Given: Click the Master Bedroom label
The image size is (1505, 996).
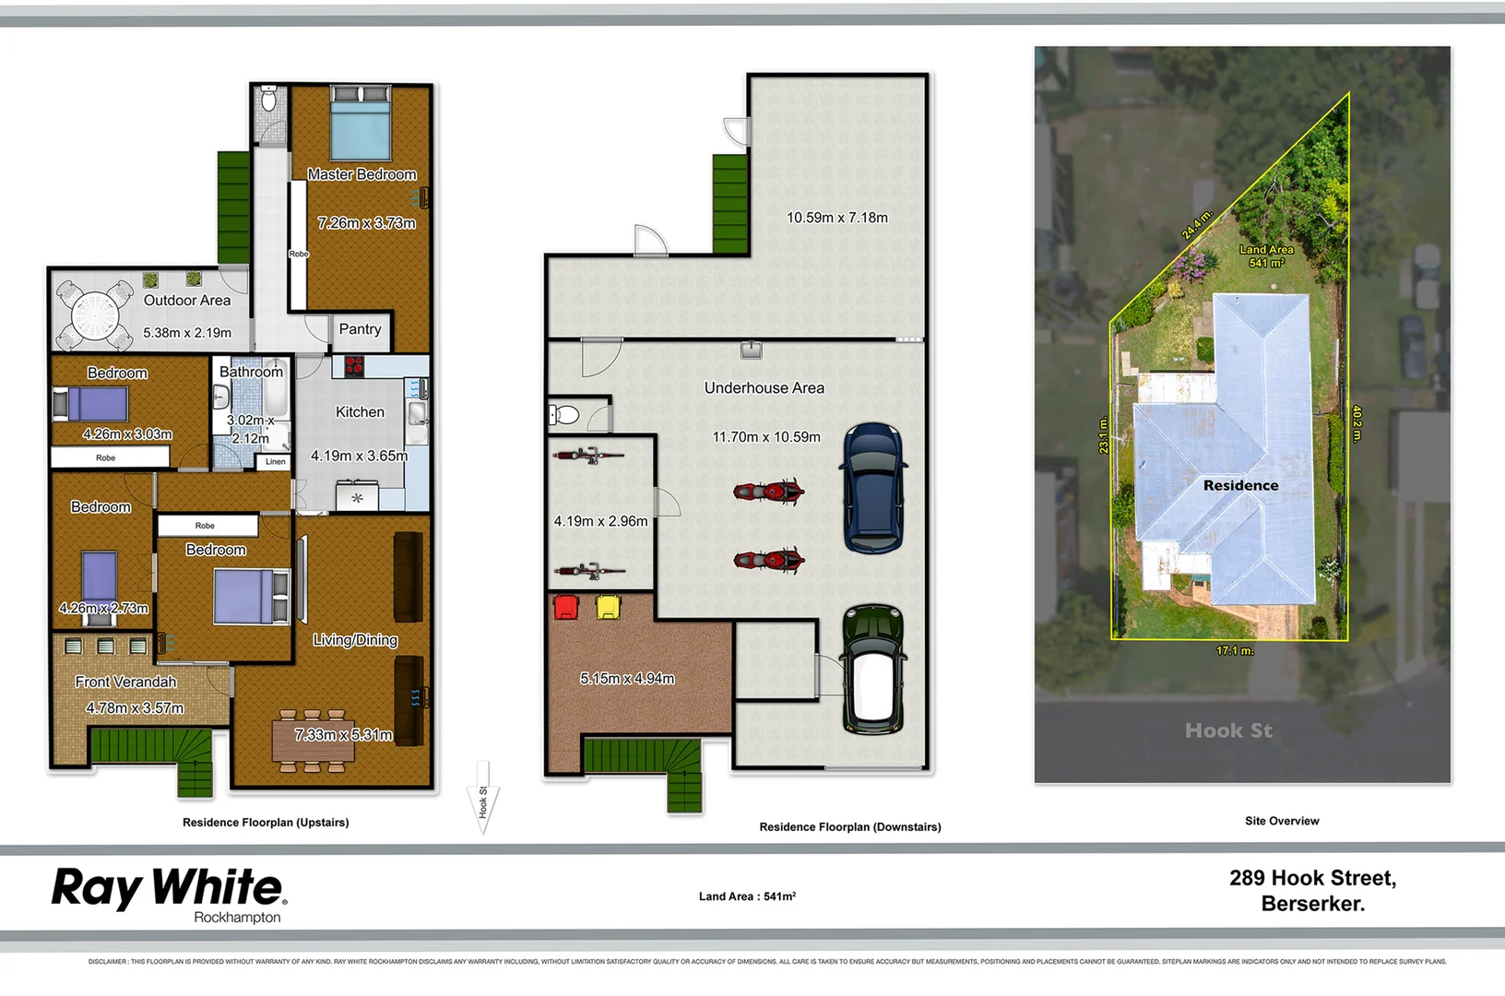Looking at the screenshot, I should pyautogui.click(x=361, y=174).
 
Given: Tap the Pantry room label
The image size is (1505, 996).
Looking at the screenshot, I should pyautogui.click(x=360, y=329).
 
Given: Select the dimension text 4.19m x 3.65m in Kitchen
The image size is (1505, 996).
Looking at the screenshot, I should pyautogui.click(x=359, y=456).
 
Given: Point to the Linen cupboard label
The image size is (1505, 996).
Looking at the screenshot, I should pyautogui.click(x=276, y=461).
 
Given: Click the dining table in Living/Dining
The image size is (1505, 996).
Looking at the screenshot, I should pyautogui.click(x=313, y=741).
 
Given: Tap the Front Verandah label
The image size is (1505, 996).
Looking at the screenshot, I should pyautogui.click(x=125, y=682).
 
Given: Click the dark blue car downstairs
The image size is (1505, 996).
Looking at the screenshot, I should pyautogui.click(x=873, y=488).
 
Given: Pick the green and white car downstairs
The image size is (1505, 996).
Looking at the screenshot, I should pyautogui.click(x=872, y=670).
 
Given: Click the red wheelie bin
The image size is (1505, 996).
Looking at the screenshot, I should pyautogui.click(x=565, y=607).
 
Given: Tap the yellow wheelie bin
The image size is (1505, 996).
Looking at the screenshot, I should pyautogui.click(x=609, y=607).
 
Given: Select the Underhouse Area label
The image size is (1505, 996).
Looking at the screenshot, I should pyautogui.click(x=764, y=388).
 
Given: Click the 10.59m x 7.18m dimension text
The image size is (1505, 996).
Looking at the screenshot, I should pyautogui.click(x=836, y=218).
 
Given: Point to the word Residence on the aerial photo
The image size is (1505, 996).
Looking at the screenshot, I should pyautogui.click(x=1240, y=485).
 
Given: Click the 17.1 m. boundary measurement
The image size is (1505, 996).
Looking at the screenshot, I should pyautogui.click(x=1234, y=650).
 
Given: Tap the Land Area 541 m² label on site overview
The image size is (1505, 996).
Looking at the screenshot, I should pyautogui.click(x=1266, y=256).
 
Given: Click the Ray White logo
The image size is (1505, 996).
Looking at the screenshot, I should pyautogui.click(x=169, y=892).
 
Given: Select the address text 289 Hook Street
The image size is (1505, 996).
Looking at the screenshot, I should pyautogui.click(x=1312, y=878).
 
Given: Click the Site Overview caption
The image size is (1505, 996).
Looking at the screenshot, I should pyautogui.click(x=1281, y=821).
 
